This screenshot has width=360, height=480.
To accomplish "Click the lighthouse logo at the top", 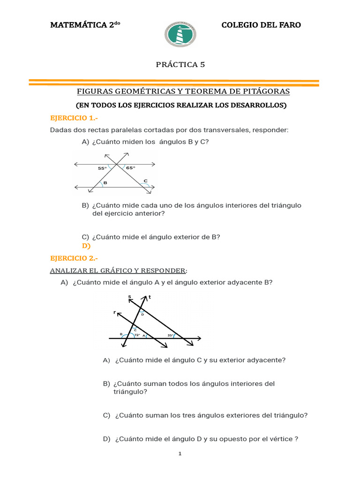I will (x=180, y=34).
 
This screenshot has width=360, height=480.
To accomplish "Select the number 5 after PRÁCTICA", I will (x=202, y=65).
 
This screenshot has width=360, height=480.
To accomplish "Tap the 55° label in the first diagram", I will (x=102, y=168).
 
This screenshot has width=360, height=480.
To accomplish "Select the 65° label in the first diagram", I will (x=130, y=168).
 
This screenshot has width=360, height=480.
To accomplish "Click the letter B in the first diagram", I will (x=105, y=183).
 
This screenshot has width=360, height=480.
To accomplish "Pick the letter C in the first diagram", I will (x=145, y=180).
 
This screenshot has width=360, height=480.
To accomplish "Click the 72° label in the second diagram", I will (x=137, y=335).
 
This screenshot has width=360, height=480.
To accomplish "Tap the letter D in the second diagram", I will (x=142, y=315).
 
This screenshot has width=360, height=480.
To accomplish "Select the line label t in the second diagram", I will (x=149, y=297).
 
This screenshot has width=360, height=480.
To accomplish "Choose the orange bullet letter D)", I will (x=86, y=246).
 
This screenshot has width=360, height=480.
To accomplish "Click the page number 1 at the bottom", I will (x=180, y=454).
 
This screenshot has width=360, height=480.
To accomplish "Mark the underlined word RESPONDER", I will (x=160, y=270).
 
